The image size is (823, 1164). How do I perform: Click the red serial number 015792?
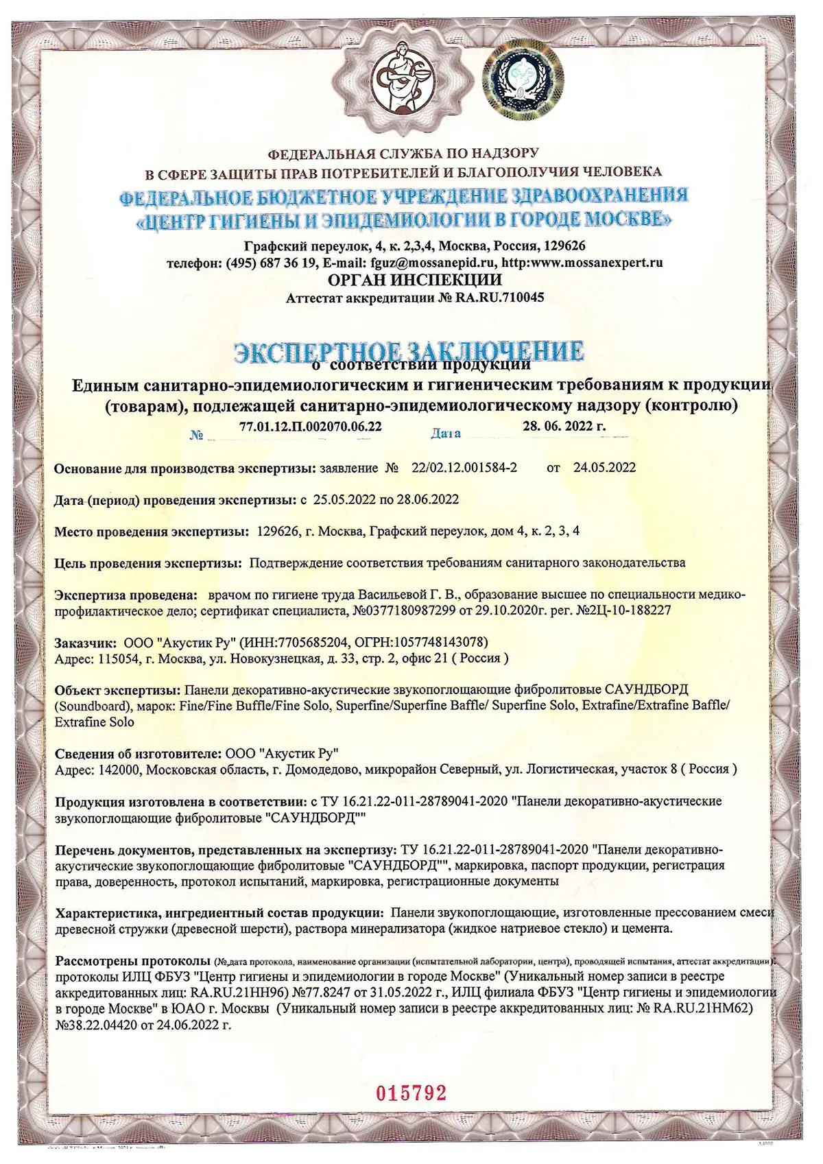[412, 1093]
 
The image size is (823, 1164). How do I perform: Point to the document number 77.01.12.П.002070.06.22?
[311, 426]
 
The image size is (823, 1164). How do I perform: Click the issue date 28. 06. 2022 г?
[564, 426]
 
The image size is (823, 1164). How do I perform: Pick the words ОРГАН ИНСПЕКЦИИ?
[415, 280]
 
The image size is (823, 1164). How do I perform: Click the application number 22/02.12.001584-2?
[464, 468]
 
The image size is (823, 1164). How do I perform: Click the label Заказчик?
[86, 643]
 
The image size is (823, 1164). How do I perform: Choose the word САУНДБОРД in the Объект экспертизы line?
[647, 689]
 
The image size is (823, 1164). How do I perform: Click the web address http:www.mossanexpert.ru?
[582, 262]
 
